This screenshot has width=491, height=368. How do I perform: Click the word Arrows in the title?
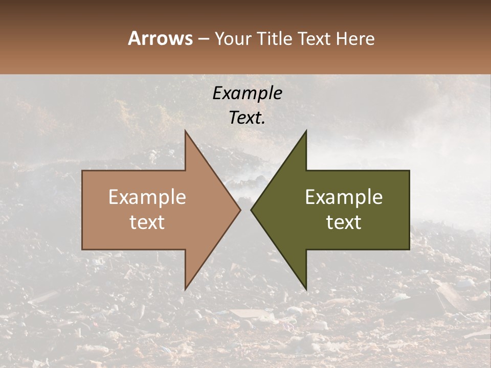(x=160, y=38)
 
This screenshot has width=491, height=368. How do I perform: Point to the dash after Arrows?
(x=203, y=39)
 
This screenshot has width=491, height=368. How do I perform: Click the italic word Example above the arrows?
(x=247, y=93)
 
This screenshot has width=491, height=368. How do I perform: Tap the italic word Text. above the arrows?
(x=247, y=118)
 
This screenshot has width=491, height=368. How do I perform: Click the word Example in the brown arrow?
(x=147, y=197)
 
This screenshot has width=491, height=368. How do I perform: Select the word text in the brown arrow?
(x=147, y=222)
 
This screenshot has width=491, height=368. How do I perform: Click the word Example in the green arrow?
(x=344, y=197)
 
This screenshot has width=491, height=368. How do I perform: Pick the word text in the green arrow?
(x=344, y=222)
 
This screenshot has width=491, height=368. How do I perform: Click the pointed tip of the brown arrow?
(x=240, y=210)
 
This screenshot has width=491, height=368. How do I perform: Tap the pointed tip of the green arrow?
(x=251, y=210)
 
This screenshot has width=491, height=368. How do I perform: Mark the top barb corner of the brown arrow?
(x=185, y=131)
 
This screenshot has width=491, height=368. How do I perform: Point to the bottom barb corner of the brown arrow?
(x=185, y=289)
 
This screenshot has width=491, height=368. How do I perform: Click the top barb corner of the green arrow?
(x=306, y=131)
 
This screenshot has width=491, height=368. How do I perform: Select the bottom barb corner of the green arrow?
(x=306, y=289)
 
